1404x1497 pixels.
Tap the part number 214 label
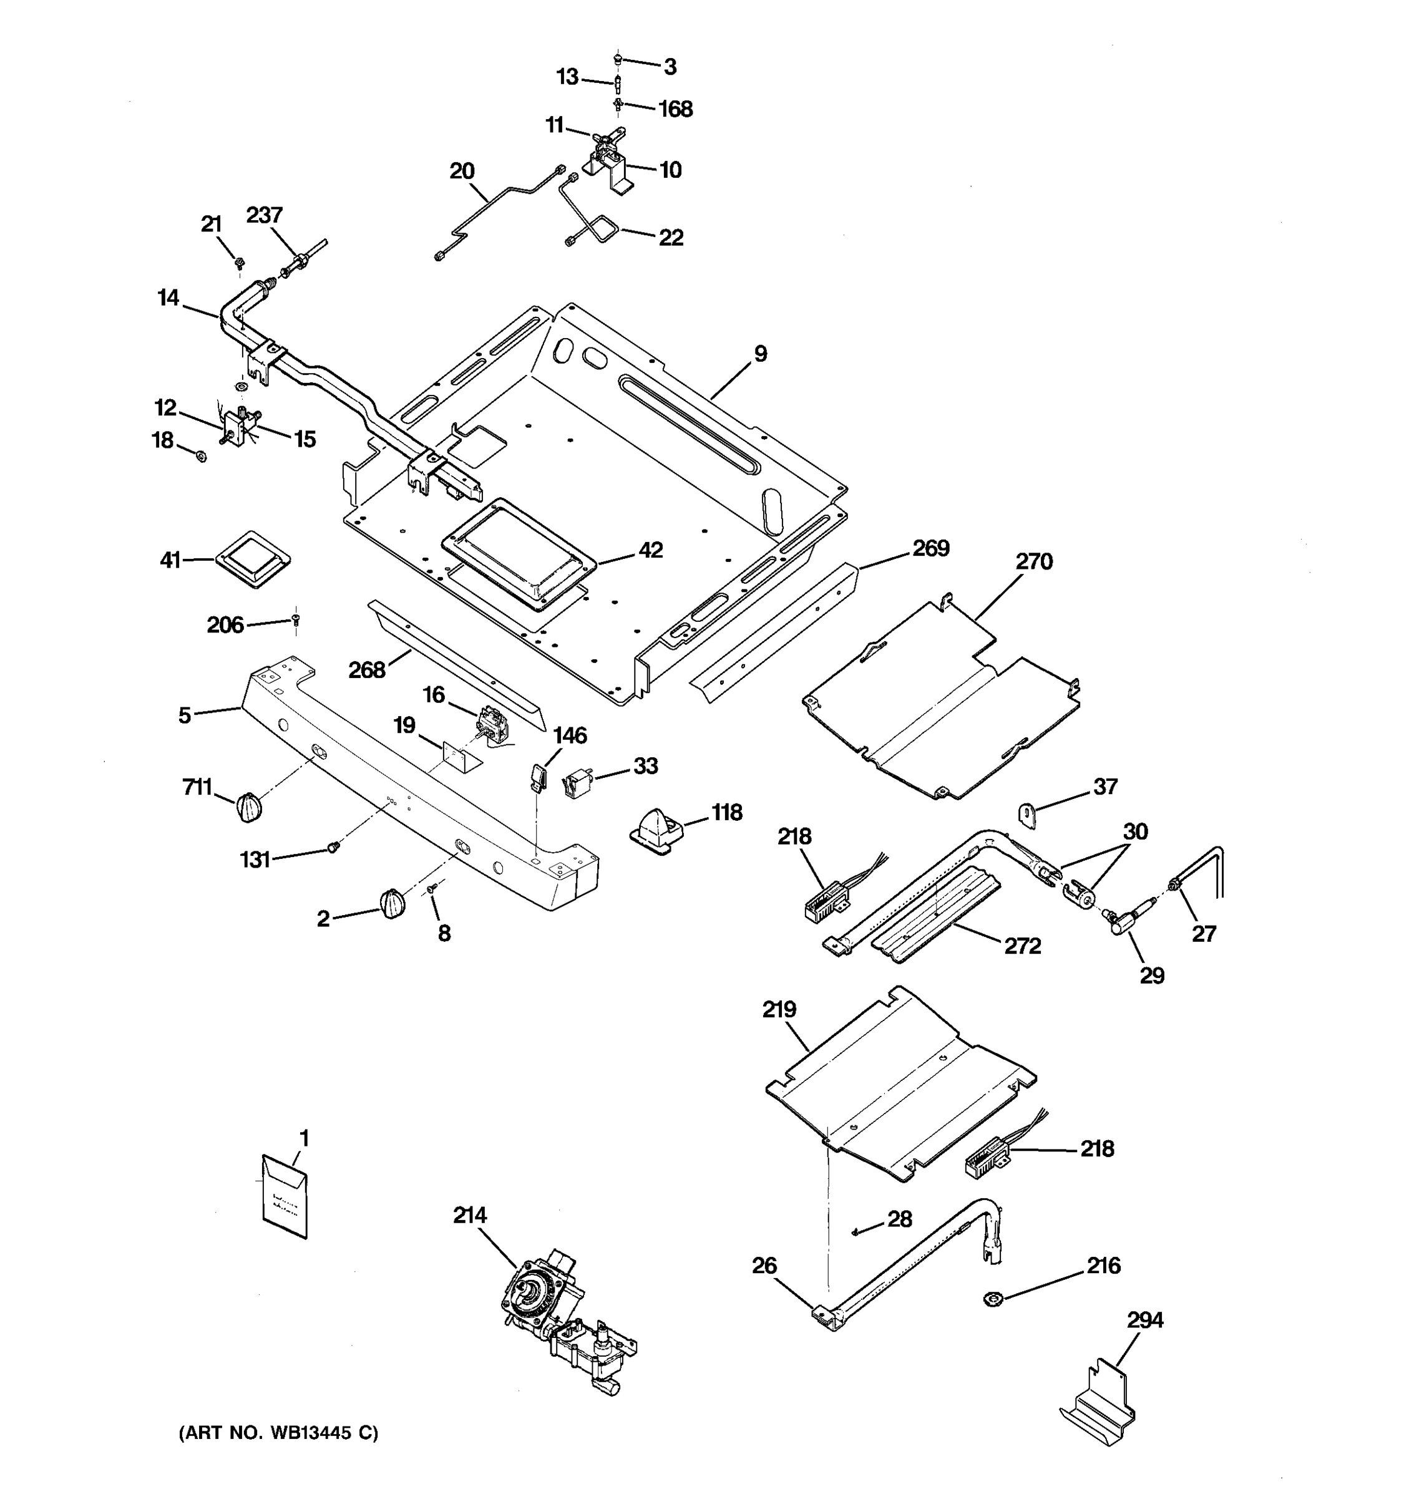tap(469, 1215)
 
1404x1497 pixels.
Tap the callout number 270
tap(1033, 562)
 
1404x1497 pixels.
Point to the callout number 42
tap(650, 550)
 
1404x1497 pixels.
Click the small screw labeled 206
tap(296, 620)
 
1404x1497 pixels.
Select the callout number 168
tap(675, 109)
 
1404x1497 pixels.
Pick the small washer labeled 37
tap(1027, 815)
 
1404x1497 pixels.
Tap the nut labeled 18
tap(201, 455)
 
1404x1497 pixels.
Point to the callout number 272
tap(1022, 946)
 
